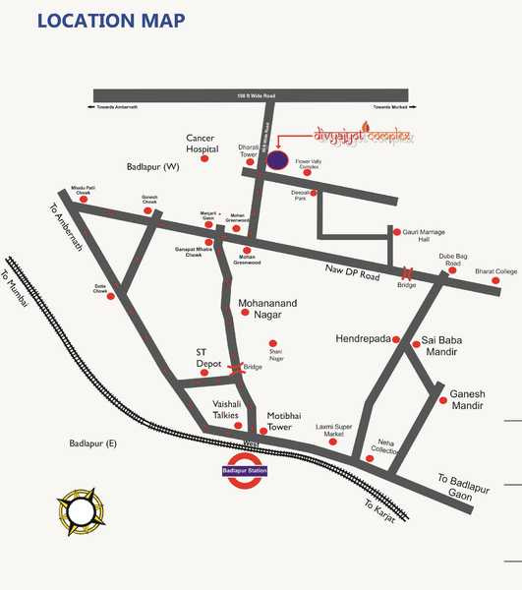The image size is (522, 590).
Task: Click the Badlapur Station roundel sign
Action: click(245, 470)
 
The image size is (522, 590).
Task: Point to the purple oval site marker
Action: click(278, 158)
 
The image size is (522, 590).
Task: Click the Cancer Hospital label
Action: click(209, 143)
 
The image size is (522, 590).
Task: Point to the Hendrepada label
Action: click(364, 337)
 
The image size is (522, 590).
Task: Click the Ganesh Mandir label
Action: click(475, 398)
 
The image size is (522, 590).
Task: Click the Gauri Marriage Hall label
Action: click(424, 238)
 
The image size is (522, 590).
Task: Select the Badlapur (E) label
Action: click(92, 444)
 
